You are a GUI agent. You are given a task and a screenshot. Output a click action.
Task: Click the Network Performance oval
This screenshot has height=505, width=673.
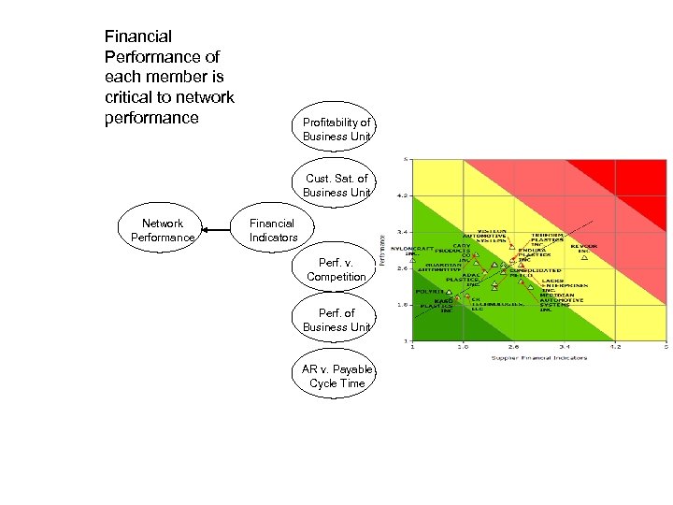pos(163,230)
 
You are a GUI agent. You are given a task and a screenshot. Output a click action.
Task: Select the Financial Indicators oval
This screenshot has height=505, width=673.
pos(273,230)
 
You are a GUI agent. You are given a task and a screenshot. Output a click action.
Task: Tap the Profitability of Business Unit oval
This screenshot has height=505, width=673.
pos(336,129)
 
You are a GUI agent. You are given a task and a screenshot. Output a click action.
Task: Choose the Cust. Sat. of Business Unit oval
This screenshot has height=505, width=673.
pos(336,185)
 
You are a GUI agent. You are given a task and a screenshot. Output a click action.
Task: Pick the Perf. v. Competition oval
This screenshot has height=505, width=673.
pos(336,270)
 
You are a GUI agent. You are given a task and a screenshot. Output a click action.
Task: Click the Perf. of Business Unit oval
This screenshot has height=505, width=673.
pos(336,320)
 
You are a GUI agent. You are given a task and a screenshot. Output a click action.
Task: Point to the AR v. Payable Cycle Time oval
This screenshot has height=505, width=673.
pos(336,376)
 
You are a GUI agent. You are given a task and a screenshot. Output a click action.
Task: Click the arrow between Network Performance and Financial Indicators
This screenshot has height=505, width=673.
pos(219,230)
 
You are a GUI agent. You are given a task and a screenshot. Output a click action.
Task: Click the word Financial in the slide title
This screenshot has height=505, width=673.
pos(138,37)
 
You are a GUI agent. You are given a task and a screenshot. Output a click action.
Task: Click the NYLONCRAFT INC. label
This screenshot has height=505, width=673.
pos(412,252)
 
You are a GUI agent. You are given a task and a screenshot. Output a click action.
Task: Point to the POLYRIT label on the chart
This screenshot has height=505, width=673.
pos(429,292)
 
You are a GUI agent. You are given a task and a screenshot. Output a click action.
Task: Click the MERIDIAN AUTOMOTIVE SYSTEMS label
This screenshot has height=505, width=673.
pos(562,298)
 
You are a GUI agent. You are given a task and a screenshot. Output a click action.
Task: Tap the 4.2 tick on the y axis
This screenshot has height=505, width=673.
pos(401,196)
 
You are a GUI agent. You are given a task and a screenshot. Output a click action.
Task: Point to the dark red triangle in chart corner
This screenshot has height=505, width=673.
pos(645,173)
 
